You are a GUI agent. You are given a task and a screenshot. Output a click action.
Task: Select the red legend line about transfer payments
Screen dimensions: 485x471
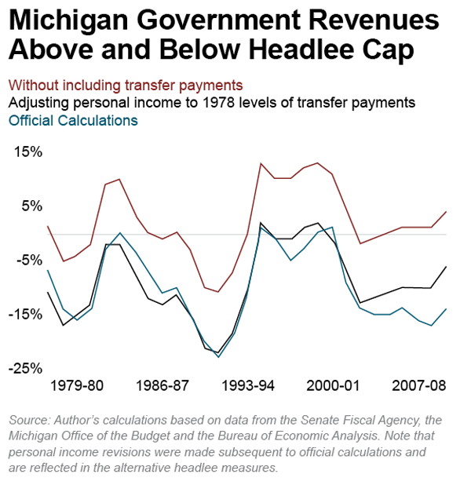pos(126,85)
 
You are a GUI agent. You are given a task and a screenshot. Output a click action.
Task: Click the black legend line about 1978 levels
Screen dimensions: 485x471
pos(211,103)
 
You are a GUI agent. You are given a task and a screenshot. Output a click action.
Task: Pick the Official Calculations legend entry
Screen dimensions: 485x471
pos(73,120)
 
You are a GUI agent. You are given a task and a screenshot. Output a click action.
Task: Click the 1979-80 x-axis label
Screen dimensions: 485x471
pos(76,386)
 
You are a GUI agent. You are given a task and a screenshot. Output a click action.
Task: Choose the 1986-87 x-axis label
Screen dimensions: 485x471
pos(162,386)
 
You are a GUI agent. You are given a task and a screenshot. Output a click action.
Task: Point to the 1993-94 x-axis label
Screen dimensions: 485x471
pos(248,386)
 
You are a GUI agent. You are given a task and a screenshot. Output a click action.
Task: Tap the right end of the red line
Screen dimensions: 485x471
pos(446,211)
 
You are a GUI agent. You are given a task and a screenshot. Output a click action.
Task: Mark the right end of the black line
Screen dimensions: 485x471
pos(446,267)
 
